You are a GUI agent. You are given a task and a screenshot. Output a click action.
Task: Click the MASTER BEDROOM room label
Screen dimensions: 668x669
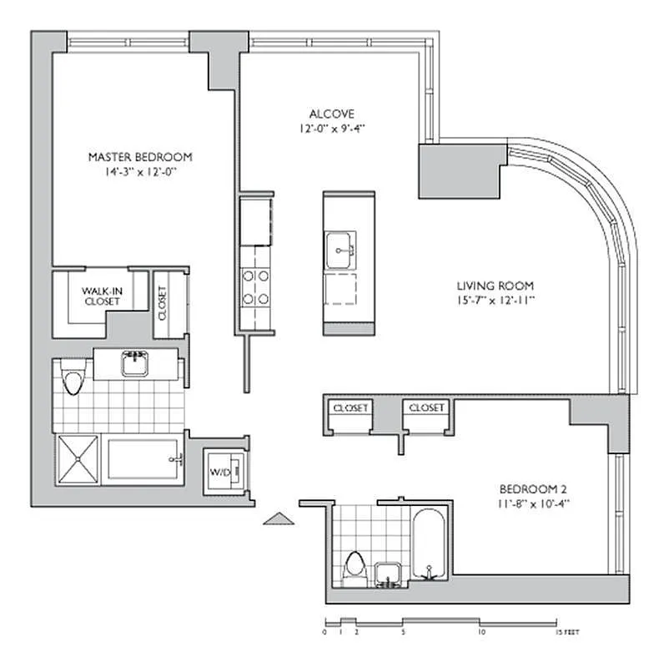tap(141, 156)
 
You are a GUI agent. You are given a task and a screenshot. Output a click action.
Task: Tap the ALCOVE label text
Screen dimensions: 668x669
tap(332, 114)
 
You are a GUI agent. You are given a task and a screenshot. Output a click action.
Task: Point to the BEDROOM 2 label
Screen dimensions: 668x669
tap(534, 488)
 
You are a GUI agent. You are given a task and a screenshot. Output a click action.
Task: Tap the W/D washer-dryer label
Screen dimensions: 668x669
tap(219, 473)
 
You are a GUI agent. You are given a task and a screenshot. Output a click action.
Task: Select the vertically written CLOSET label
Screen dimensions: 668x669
tap(161, 305)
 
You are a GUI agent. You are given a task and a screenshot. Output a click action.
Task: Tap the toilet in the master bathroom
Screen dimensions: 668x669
tap(73, 382)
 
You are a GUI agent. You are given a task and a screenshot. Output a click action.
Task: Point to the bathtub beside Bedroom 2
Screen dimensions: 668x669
tap(430, 543)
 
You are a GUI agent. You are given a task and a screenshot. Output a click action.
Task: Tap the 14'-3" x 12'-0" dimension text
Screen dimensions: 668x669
tap(141, 171)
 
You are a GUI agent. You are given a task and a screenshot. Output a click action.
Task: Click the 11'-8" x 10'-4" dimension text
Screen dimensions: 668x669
tap(534, 503)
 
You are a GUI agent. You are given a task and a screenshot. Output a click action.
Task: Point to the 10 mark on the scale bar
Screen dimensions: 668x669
tap(481, 632)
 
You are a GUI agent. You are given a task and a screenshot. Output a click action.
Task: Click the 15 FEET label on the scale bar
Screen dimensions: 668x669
tap(567, 632)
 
